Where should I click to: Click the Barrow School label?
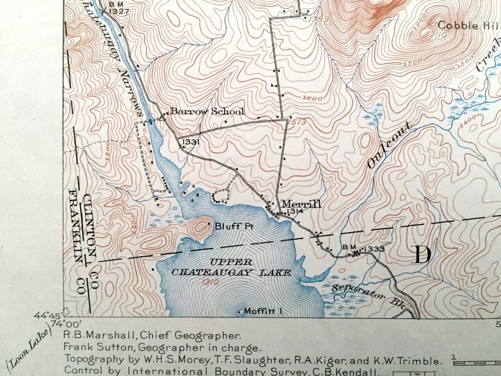pos(206,112)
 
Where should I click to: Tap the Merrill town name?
pos(301,204)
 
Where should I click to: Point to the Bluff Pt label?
pos(230,225)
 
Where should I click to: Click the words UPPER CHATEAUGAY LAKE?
pos(232,267)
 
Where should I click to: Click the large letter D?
pos(421,255)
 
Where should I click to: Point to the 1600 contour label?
pos(312,98)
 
